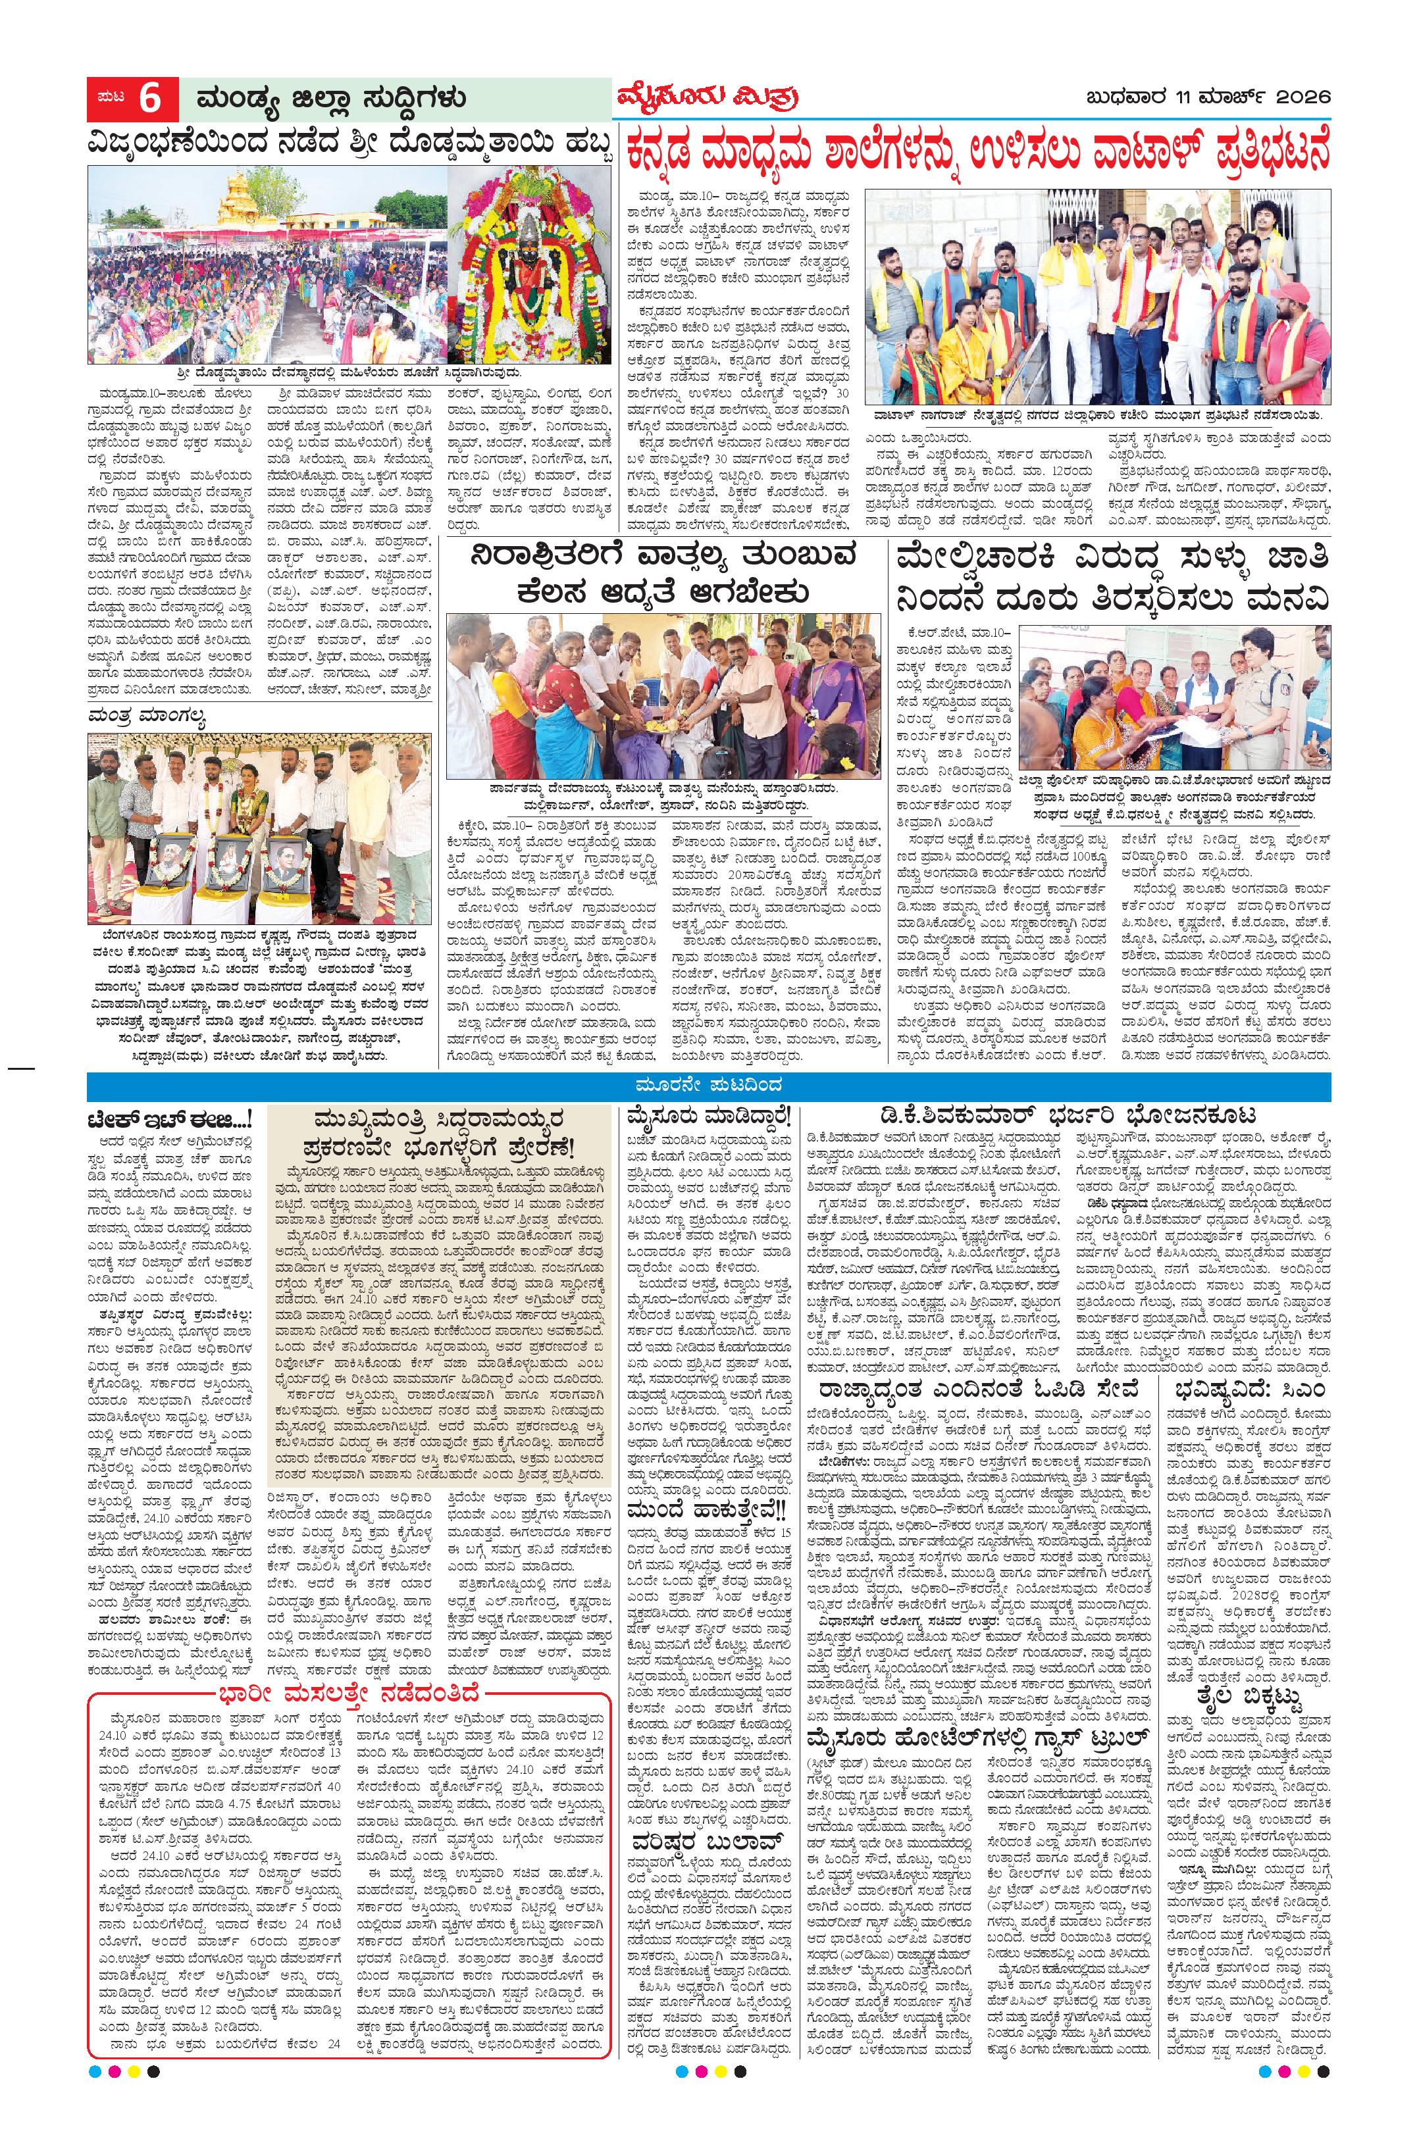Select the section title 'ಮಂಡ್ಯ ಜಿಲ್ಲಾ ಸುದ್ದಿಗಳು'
click(323, 98)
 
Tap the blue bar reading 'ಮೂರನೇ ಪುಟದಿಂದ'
click(709, 1086)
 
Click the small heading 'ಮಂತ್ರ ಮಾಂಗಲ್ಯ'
click(147, 717)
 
